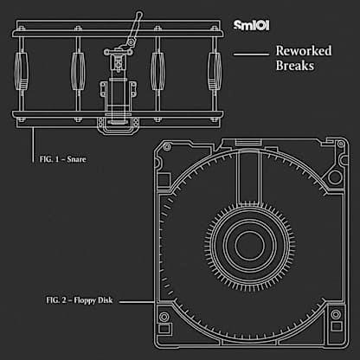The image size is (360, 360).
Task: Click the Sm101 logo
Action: click(x=251, y=25)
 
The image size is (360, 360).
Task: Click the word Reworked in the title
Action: click(x=304, y=51)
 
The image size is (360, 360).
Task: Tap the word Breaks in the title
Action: click(x=295, y=66)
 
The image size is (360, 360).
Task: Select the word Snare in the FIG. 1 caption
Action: click(x=76, y=159)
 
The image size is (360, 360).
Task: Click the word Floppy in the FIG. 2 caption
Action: click(x=85, y=300)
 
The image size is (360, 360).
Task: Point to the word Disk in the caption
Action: click(x=105, y=300)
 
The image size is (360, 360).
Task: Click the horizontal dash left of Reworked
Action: click(x=251, y=54)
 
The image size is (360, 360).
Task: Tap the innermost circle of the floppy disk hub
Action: click(x=249, y=245)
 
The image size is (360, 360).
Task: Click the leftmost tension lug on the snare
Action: click(x=22, y=71)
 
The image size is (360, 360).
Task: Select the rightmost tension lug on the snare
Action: click(x=215, y=71)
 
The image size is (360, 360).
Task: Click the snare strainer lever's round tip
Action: click(x=139, y=14)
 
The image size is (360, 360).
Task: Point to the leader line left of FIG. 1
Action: click(x=33, y=145)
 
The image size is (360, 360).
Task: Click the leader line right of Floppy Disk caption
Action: click(x=137, y=302)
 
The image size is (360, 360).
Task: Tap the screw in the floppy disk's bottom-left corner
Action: click(x=164, y=317)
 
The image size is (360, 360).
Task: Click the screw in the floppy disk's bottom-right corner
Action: click(x=336, y=314)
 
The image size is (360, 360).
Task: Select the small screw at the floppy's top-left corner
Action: click(x=167, y=147)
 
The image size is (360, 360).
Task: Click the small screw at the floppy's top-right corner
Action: click(x=341, y=144)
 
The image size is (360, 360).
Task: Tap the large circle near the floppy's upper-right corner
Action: click(x=335, y=177)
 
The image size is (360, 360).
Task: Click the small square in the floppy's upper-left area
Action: click(x=164, y=180)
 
